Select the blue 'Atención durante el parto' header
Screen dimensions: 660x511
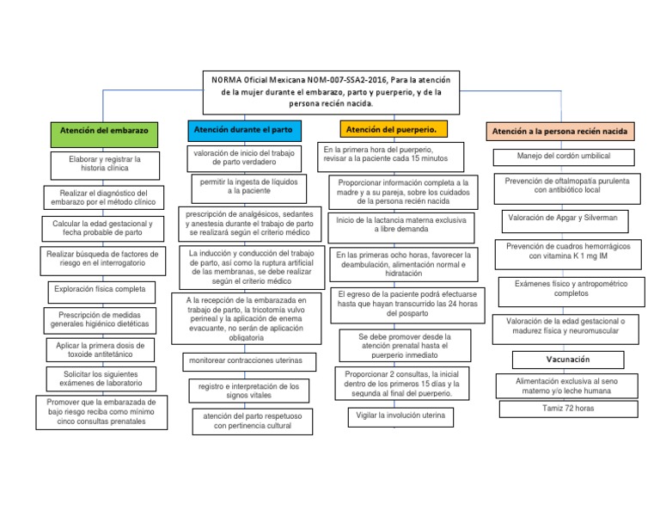(x=243, y=129)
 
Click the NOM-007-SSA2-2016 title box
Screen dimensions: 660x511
(x=332, y=91)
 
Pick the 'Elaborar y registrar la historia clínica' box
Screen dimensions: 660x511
(x=104, y=163)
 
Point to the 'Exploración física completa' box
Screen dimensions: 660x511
(x=100, y=289)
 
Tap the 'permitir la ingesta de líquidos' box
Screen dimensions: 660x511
(x=246, y=186)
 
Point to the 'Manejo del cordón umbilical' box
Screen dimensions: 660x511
(x=564, y=157)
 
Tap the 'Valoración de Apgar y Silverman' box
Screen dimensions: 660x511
(x=563, y=219)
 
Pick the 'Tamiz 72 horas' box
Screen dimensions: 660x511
(x=568, y=408)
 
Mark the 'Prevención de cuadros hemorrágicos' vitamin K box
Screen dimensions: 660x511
(x=568, y=251)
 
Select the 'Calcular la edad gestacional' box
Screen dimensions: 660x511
(x=102, y=227)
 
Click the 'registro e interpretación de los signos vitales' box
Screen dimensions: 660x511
(x=248, y=391)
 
